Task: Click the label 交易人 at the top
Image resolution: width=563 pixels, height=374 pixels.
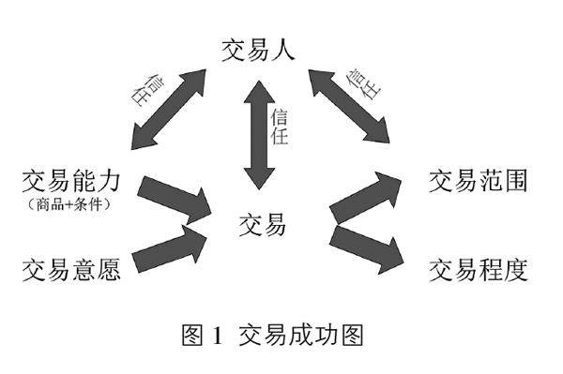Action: point(258,51)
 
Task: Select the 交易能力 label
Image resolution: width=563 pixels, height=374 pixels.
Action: point(71,181)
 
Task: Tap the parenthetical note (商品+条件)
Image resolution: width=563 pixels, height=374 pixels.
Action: point(68,204)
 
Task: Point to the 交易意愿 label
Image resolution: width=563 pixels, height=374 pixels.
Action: point(71,270)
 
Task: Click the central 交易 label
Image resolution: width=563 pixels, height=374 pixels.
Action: point(262,225)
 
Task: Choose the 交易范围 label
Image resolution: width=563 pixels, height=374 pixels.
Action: point(479,181)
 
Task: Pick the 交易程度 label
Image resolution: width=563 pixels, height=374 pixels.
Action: point(479,270)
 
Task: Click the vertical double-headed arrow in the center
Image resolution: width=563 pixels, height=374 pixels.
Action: point(259,135)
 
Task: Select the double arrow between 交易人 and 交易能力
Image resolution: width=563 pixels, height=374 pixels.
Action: point(168,110)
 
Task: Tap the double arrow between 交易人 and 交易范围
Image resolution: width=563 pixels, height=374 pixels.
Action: point(349,107)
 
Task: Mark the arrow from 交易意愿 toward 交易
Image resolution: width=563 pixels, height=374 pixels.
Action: point(170,247)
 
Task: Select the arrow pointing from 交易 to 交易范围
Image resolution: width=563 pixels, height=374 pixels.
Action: point(365,199)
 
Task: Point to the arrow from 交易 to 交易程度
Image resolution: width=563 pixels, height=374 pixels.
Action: point(367,249)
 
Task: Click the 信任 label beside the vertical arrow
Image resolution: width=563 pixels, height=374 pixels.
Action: point(280,127)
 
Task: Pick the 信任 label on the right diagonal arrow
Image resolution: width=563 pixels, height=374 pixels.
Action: point(363,83)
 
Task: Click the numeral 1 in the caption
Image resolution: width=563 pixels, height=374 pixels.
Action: point(218,335)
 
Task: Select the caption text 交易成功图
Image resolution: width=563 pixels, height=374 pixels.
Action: point(301,335)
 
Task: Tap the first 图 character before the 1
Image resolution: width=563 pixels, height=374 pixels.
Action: point(192,335)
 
